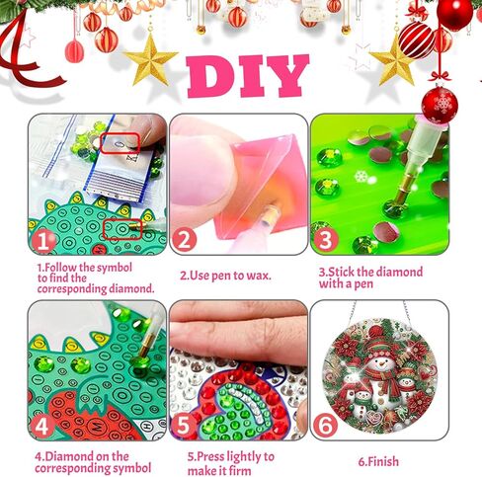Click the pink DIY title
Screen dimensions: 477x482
point(246,76)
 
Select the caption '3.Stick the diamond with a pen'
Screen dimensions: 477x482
point(370,278)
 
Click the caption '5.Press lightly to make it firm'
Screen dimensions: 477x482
point(230,462)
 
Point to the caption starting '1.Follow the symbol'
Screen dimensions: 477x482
point(96,278)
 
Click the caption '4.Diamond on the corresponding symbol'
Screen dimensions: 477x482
point(94,462)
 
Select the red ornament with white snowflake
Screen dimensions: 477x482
point(439,102)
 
